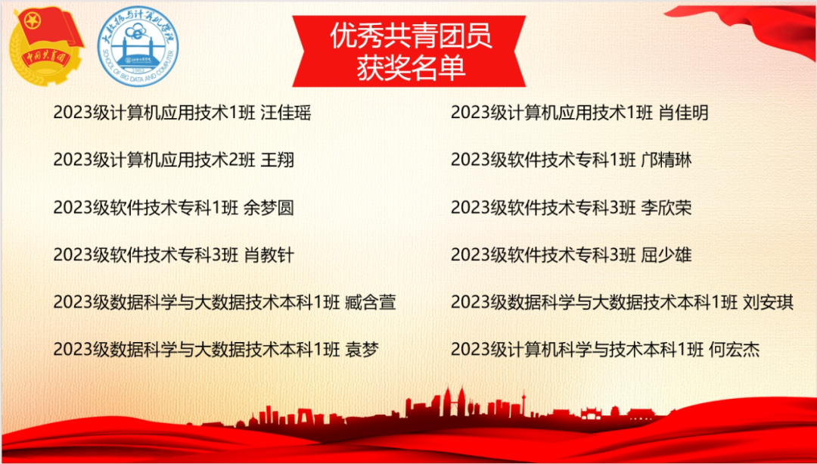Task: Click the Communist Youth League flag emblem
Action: click(x=48, y=46)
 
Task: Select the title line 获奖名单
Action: click(x=411, y=68)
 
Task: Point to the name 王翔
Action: click(x=277, y=160)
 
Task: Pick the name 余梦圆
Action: click(x=269, y=207)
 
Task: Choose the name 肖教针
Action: click(x=269, y=255)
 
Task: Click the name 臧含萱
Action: click(x=371, y=302)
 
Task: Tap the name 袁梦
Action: click(x=362, y=349)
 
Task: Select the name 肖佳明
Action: click(x=683, y=113)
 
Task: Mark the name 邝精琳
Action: click(x=666, y=160)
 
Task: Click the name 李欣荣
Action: click(x=666, y=207)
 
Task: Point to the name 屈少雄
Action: click(x=666, y=255)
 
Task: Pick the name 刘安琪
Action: click(x=768, y=302)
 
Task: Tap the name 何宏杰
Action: click(x=734, y=349)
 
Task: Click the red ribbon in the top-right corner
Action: click(x=745, y=23)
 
